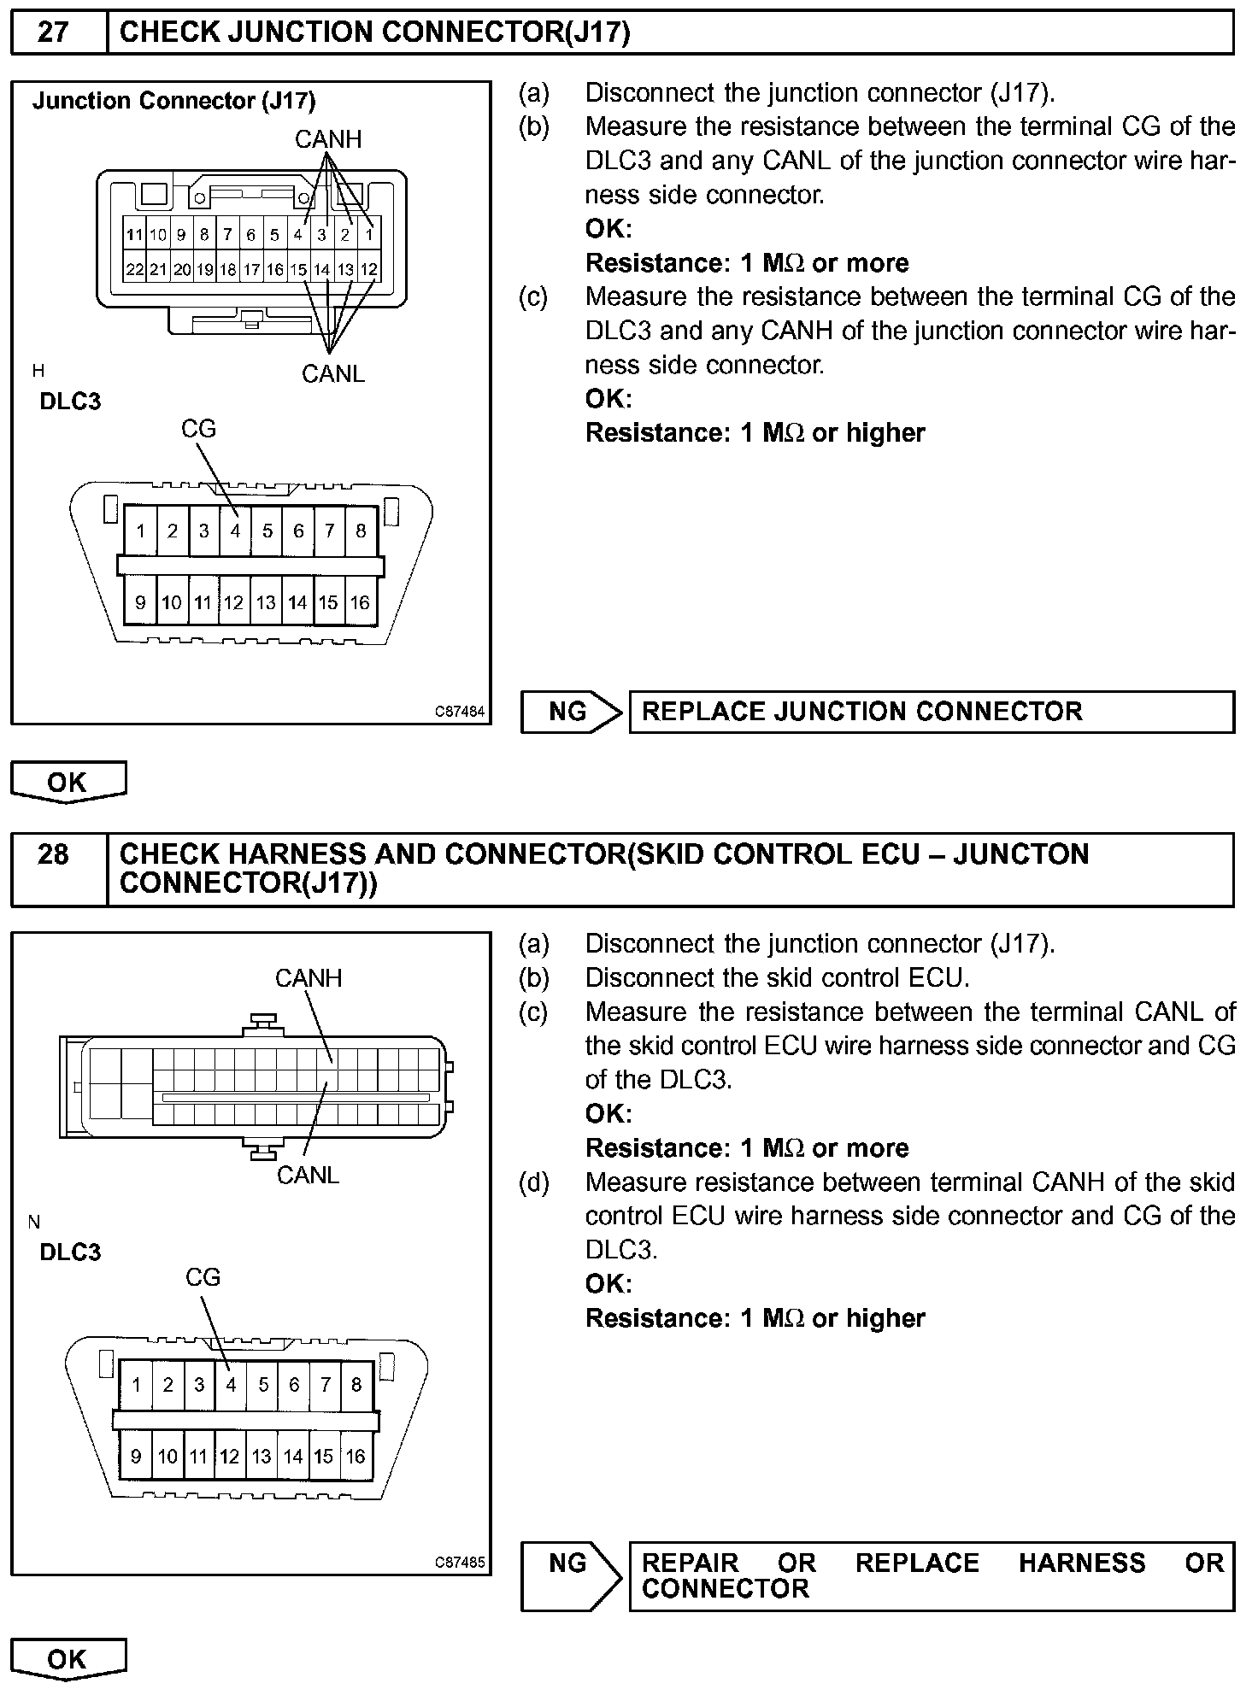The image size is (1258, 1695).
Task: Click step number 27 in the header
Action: point(53,32)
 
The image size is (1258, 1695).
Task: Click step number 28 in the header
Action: point(53,854)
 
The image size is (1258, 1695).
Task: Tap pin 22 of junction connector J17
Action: point(134,270)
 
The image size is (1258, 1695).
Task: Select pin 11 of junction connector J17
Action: point(134,235)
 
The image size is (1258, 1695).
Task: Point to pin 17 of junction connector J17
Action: point(251,270)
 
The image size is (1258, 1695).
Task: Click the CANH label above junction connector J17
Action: point(328,139)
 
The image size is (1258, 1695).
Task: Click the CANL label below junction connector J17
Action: point(333,373)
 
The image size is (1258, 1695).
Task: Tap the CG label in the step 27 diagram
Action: point(198,429)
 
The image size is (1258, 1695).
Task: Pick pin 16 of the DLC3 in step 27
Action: point(360,603)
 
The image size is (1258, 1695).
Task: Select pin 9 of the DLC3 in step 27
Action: point(140,603)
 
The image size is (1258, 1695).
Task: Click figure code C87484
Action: point(460,711)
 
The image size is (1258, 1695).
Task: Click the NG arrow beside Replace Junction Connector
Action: point(571,712)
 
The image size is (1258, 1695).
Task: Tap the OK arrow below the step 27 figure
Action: point(68,782)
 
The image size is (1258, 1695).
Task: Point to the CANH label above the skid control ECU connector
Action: point(309,978)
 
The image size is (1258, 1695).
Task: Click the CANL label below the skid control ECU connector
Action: point(309,1176)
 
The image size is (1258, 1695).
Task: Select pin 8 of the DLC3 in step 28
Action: point(356,1385)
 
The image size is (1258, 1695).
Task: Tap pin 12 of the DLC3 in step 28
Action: point(229,1456)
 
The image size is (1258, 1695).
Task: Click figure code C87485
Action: point(460,1563)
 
